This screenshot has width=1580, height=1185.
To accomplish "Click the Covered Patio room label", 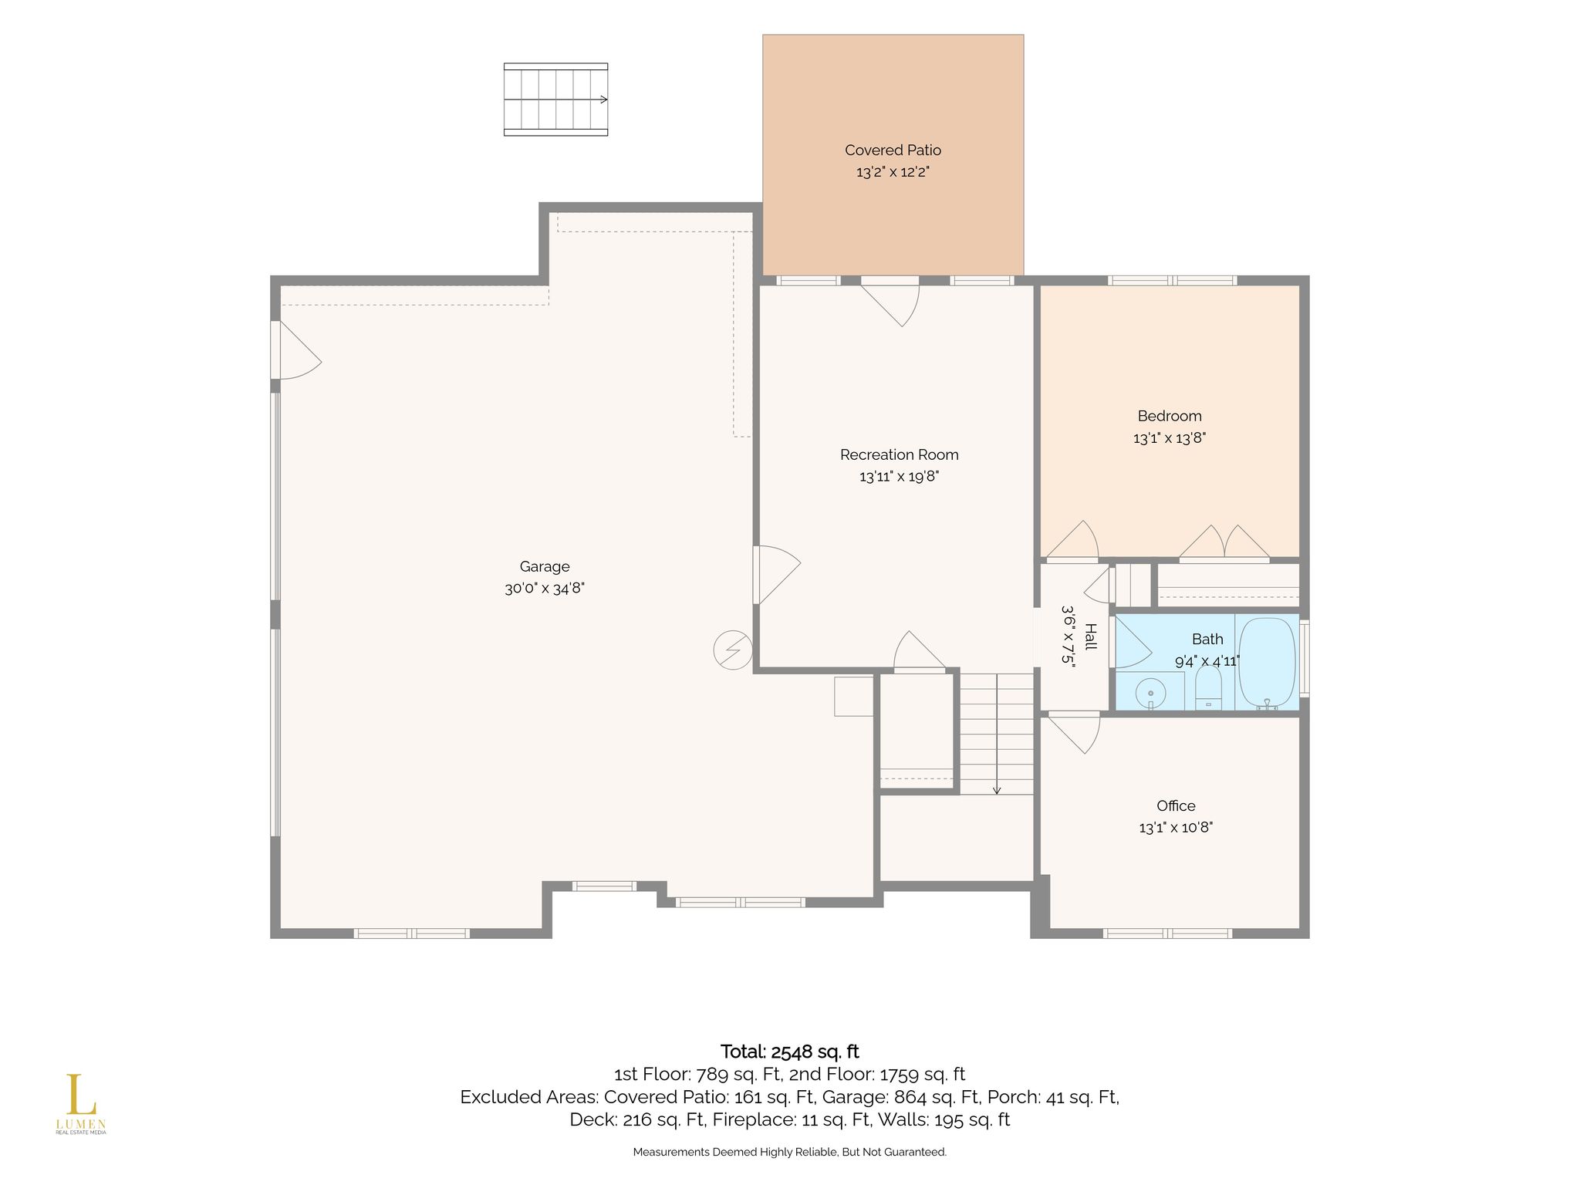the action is click(x=893, y=150).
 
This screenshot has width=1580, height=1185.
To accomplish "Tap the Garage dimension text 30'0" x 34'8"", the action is click(x=545, y=589).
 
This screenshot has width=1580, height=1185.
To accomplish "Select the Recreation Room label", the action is click(x=900, y=455).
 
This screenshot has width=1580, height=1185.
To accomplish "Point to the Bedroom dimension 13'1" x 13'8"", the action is click(x=1170, y=438).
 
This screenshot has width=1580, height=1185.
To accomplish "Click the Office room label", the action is click(x=1176, y=806).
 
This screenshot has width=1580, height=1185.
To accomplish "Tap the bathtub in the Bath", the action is click(x=1267, y=663).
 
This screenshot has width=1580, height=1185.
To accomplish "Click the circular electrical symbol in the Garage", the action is click(x=733, y=650).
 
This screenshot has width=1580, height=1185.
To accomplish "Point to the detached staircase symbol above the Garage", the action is click(x=555, y=100).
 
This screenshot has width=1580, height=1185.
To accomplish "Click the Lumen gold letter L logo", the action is click(x=76, y=1094).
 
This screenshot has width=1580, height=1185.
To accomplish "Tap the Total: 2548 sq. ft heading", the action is click(x=789, y=1052).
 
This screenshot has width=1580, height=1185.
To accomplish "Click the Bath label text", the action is click(x=1207, y=640).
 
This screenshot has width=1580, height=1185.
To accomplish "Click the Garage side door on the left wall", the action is click(x=296, y=350).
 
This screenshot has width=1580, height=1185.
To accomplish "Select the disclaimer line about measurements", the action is click(x=789, y=1152).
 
